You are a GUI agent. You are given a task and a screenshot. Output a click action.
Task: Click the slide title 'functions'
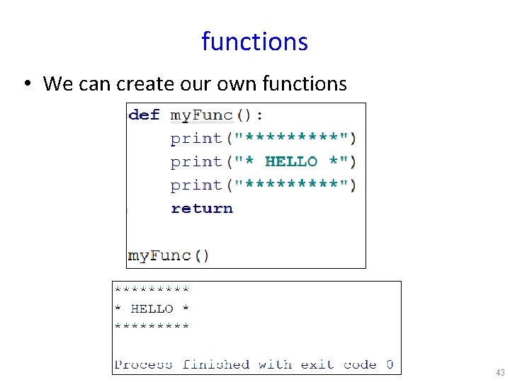[x=254, y=42]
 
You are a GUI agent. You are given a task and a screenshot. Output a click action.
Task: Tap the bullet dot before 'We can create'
[x=25, y=85]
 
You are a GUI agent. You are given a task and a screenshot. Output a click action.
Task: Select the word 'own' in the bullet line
[x=238, y=84]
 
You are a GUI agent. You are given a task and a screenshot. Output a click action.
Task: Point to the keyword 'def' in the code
[x=144, y=115]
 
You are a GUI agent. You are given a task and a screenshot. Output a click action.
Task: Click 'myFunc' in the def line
[x=202, y=115]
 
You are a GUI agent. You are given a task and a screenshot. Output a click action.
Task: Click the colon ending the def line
[x=259, y=115]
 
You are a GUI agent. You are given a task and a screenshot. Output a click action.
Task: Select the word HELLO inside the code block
[x=291, y=162]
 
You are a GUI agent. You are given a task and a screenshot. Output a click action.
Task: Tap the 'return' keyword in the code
[x=202, y=208]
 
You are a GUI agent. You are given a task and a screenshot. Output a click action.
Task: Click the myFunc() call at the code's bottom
[x=169, y=255]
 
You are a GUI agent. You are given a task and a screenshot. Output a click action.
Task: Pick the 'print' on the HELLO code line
[x=196, y=162]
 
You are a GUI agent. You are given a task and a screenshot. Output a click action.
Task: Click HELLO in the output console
[x=152, y=308]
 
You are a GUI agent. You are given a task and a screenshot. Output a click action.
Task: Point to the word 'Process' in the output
[x=143, y=364]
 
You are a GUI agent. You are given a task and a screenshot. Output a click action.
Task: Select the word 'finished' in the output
[x=216, y=364]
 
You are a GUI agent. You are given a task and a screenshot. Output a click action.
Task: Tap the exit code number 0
[x=390, y=364]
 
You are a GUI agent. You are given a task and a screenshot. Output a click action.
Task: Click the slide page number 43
[x=500, y=372]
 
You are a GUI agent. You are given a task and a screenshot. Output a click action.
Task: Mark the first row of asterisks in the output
[x=152, y=289]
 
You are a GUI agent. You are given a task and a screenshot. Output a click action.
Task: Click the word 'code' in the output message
[x=360, y=364]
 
